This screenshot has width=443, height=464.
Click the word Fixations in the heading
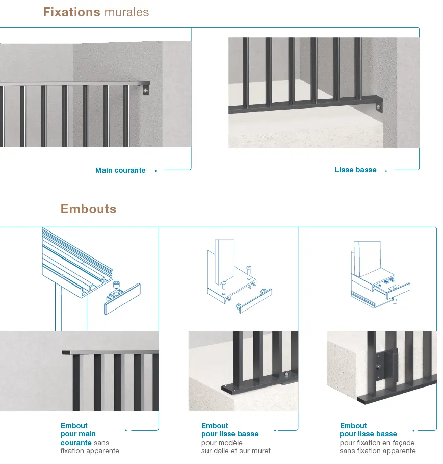click(x=71, y=12)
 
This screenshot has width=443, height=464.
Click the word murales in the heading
click(x=126, y=12)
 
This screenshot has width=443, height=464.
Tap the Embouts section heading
click(x=88, y=209)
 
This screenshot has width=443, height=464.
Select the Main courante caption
click(x=120, y=171)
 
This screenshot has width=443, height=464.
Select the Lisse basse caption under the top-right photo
click(x=355, y=170)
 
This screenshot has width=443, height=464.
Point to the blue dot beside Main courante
click(x=155, y=171)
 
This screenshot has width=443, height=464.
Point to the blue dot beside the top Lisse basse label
click(x=386, y=171)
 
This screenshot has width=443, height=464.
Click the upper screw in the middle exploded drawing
click(x=248, y=269)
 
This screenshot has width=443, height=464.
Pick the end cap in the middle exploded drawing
click(x=253, y=300)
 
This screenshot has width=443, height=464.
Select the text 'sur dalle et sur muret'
click(x=236, y=451)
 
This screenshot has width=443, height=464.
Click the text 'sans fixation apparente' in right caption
click(x=378, y=451)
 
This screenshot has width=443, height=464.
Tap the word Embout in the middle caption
click(x=215, y=426)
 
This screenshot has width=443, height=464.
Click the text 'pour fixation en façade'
click(x=377, y=443)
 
